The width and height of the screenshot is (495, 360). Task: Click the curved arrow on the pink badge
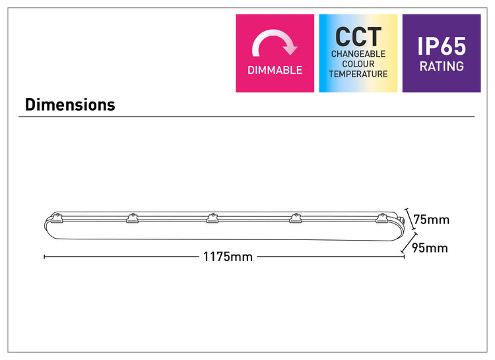(275, 43)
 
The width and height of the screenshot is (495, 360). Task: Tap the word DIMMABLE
(275, 70)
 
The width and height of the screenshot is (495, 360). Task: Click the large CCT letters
(358, 37)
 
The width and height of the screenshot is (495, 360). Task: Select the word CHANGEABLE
(358, 54)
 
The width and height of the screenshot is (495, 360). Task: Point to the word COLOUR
(358, 64)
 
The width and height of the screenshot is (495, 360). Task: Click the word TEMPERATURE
(358, 74)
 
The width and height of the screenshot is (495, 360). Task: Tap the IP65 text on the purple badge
(442, 46)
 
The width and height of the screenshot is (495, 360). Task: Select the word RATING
(442, 66)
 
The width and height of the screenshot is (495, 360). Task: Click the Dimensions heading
(70, 105)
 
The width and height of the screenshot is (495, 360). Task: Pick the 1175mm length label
(228, 257)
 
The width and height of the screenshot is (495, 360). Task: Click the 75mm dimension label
(431, 220)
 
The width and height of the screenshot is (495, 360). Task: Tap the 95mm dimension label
(430, 248)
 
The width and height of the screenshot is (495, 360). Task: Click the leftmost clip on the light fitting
(57, 218)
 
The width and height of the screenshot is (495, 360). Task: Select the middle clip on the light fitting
(212, 218)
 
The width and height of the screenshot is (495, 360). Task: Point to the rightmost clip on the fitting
(381, 218)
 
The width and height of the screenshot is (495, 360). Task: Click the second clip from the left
(132, 218)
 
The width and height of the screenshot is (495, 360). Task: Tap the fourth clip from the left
(296, 218)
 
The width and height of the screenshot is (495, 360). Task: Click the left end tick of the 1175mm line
(44, 257)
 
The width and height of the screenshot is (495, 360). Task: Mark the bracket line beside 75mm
(410, 219)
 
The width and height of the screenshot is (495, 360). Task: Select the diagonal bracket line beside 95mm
(409, 243)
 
